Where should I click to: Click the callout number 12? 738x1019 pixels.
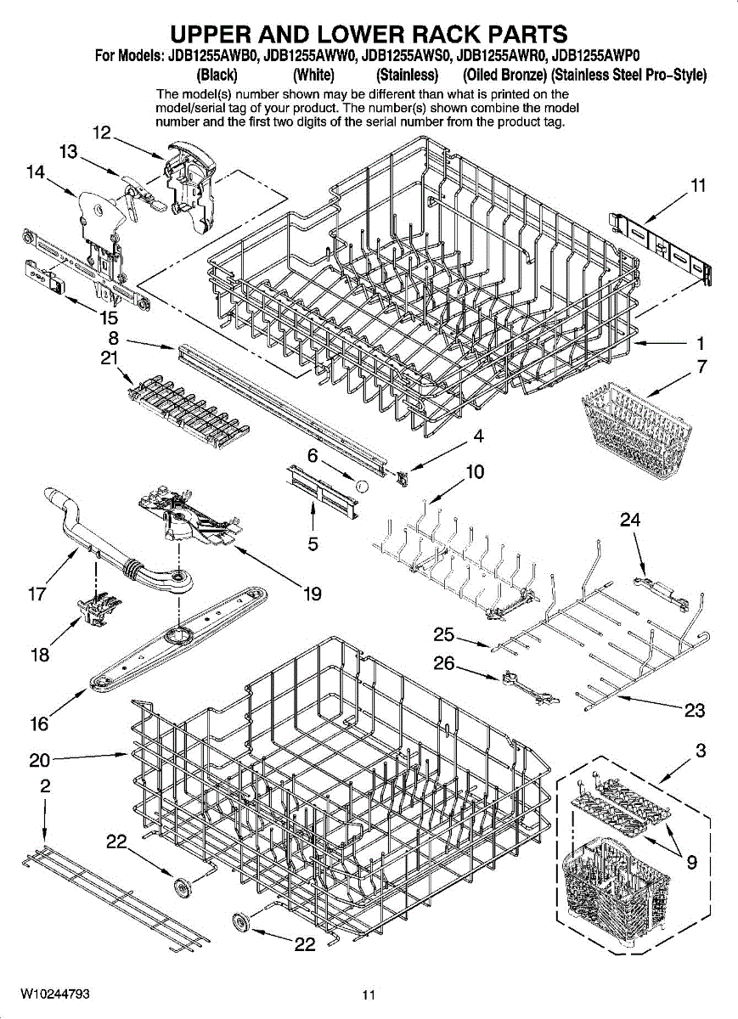102,132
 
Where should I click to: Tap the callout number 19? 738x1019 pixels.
313,594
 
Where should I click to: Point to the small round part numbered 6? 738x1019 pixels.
361,487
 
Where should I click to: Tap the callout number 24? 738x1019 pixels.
630,520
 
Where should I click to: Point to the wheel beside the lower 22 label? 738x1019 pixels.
242,923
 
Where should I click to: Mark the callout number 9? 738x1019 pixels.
692,863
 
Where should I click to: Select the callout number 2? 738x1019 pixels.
44,786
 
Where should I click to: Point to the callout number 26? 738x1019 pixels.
443,663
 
